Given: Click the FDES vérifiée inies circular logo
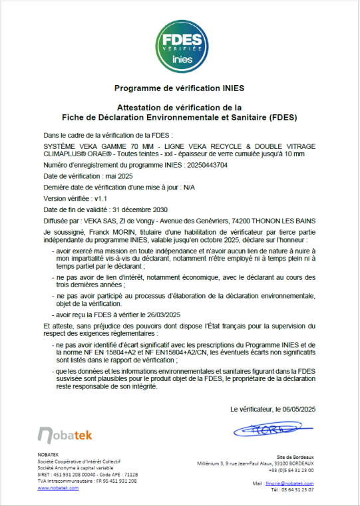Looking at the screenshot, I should [x=180, y=43].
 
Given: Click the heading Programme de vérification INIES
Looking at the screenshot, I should [x=180, y=87].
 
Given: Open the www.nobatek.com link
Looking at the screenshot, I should [x=58, y=487].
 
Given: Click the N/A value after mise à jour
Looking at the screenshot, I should [x=190, y=188].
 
